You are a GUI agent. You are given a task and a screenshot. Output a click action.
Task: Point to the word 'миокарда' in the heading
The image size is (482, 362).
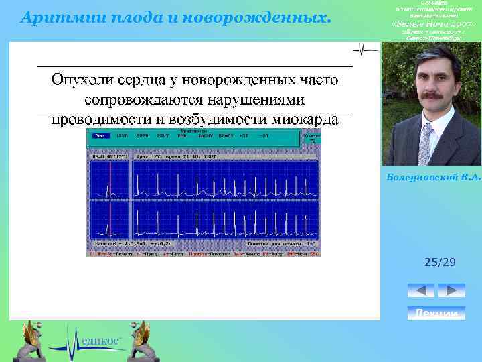pyautogui.click(x=307, y=119)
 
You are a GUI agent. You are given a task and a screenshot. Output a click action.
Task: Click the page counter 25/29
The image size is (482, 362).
pyautogui.click(x=440, y=262)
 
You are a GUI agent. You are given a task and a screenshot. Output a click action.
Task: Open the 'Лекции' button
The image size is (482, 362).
pyautogui.click(x=436, y=314)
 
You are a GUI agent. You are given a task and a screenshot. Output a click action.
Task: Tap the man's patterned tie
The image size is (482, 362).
pyautogui.click(x=426, y=142)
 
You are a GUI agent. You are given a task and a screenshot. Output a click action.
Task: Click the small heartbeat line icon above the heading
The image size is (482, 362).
pyautogui.click(x=366, y=50)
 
